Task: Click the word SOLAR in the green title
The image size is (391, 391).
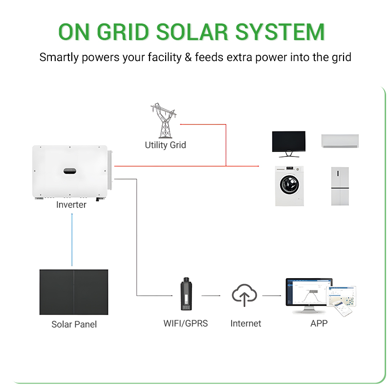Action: coord(192,32)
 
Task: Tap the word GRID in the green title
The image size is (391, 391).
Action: coord(123,32)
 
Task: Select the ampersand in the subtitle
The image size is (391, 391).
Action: coord(188,57)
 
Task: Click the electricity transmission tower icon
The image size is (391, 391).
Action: coord(164,121)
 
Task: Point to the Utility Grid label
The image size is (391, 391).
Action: coord(165,145)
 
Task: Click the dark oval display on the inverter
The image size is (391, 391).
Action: coord(70,171)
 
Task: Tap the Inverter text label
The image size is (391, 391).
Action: coord(71,204)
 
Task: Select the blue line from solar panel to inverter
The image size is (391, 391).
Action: coord(72,239)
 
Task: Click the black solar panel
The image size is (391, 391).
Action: coord(74,292)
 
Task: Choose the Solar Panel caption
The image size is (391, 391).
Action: coord(74,324)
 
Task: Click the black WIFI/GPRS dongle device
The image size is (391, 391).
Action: coord(186,294)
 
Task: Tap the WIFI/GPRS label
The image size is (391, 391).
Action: coord(186,324)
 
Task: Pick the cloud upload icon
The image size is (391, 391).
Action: coord(244,295)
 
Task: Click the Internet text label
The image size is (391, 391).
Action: coord(246,324)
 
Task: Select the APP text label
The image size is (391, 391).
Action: coord(319,324)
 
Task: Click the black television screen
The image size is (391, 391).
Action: coord(289,141)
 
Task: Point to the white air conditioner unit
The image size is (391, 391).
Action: coord(340,141)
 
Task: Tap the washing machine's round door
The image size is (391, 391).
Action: coord(289,185)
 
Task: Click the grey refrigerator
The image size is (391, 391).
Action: coord(340,186)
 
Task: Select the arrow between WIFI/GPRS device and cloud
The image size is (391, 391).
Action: coord(211,296)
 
